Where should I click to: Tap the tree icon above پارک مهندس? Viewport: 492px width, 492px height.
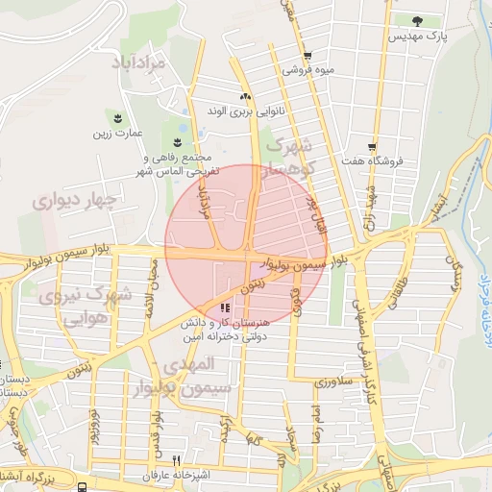pyautogui.click(x=417, y=20)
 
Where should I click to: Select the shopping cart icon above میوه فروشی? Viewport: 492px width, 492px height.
pyautogui.click(x=307, y=56)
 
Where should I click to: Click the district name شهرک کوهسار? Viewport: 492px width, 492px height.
pyautogui.click(x=287, y=157)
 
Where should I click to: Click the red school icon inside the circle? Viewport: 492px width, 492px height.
pyautogui.click(x=224, y=307)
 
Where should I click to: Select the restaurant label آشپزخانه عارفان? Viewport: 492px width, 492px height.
pyautogui.click(x=176, y=476)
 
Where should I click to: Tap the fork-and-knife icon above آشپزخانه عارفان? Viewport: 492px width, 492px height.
pyautogui.click(x=175, y=460)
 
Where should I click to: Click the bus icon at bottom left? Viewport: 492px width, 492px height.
pyautogui.click(x=83, y=486)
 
